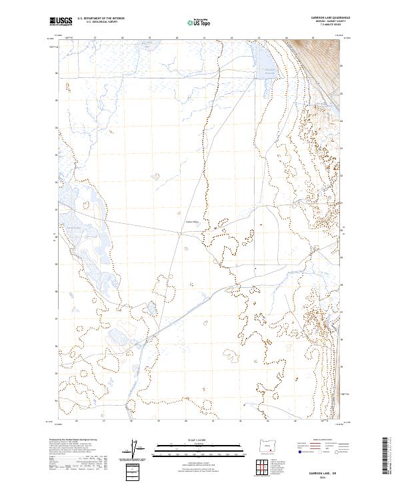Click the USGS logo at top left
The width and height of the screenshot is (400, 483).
[x=61, y=21]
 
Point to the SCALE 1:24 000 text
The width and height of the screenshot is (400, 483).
[x=197, y=440]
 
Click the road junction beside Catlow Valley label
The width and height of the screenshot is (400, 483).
[x=181, y=233]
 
